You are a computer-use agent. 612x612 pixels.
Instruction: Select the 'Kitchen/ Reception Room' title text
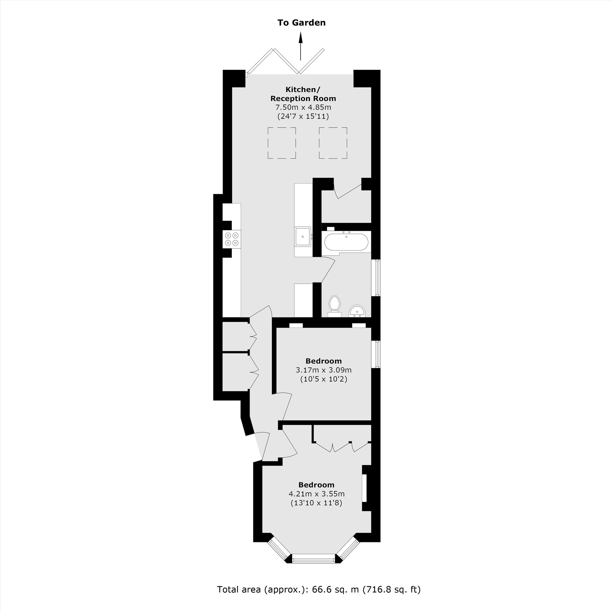pos(303,94)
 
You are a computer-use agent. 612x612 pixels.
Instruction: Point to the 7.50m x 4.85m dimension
pos(303,107)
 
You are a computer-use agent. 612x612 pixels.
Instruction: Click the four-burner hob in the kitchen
pos(232,239)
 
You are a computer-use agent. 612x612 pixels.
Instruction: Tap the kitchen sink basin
pos(303,236)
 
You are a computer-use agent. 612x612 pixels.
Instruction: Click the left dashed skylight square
pos(282,143)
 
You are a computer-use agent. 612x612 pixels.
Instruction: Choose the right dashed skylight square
pos(333,143)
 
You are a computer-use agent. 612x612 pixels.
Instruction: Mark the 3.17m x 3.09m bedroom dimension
pos(323,370)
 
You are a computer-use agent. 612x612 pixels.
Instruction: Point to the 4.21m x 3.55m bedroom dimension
pos(316,494)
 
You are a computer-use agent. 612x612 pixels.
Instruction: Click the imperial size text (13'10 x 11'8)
pos(316,503)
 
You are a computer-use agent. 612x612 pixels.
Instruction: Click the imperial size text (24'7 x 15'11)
pos(303,116)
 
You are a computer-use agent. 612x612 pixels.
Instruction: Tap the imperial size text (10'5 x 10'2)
pos(323,379)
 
